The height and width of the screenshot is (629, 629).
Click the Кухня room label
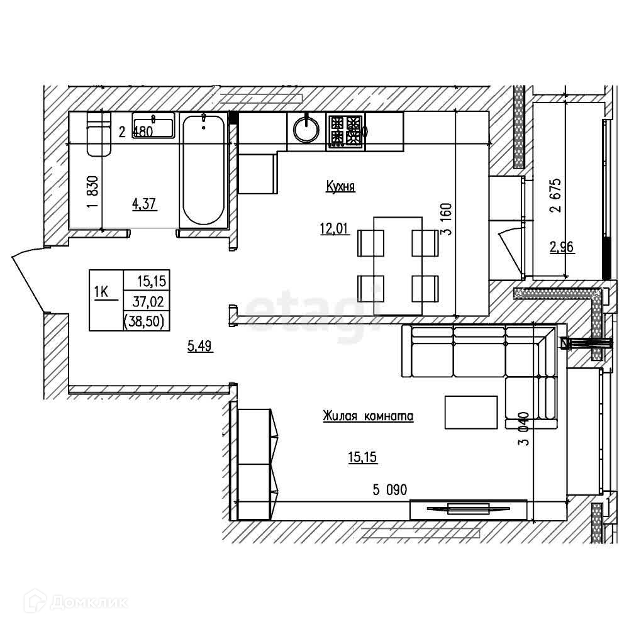coord(341,186)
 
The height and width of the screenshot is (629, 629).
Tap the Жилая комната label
coord(367,416)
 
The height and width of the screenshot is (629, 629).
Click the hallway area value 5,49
coord(200,345)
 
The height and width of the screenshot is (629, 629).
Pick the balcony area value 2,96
coord(563,248)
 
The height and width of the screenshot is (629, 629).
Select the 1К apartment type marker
coord(101,292)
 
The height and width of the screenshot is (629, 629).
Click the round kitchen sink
coord(307,130)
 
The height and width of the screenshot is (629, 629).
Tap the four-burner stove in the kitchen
coord(345,132)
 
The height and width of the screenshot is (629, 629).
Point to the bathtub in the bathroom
coord(203,170)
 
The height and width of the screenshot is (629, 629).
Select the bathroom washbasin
coord(153,125)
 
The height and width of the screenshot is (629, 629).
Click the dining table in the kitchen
coord(398,265)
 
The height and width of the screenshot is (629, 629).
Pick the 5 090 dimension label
coord(390,490)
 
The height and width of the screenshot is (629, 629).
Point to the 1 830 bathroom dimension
coord(93,195)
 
